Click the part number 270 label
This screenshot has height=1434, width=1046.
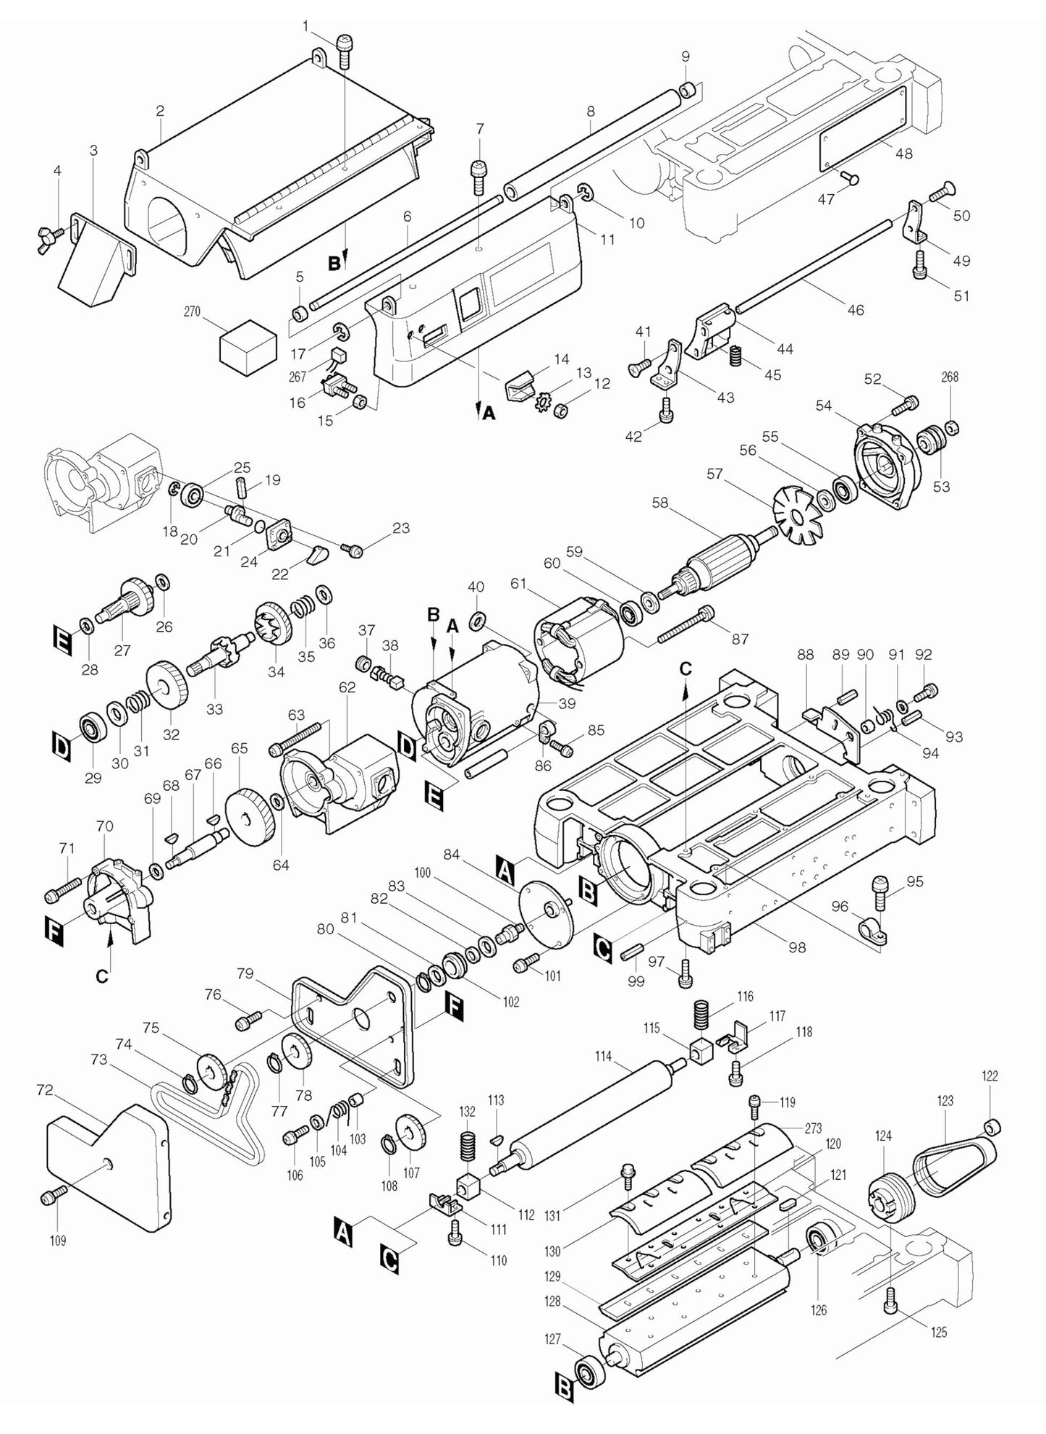[192, 312]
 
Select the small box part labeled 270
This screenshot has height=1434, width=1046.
[248, 344]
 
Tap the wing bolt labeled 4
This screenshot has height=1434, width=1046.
[49, 237]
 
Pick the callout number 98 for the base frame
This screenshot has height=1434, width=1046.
[797, 947]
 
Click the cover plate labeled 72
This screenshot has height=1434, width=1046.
[109, 1166]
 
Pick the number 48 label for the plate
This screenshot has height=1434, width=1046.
[903, 153]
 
